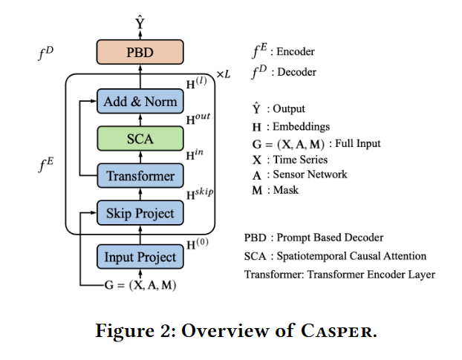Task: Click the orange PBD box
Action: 140,53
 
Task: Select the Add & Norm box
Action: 140,101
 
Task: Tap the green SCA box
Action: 140,138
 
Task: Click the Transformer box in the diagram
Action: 140,176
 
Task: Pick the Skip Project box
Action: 140,214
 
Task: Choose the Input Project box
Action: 140,257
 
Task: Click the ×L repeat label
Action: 224,75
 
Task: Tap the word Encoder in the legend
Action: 295,52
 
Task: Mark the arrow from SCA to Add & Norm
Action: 140,120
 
